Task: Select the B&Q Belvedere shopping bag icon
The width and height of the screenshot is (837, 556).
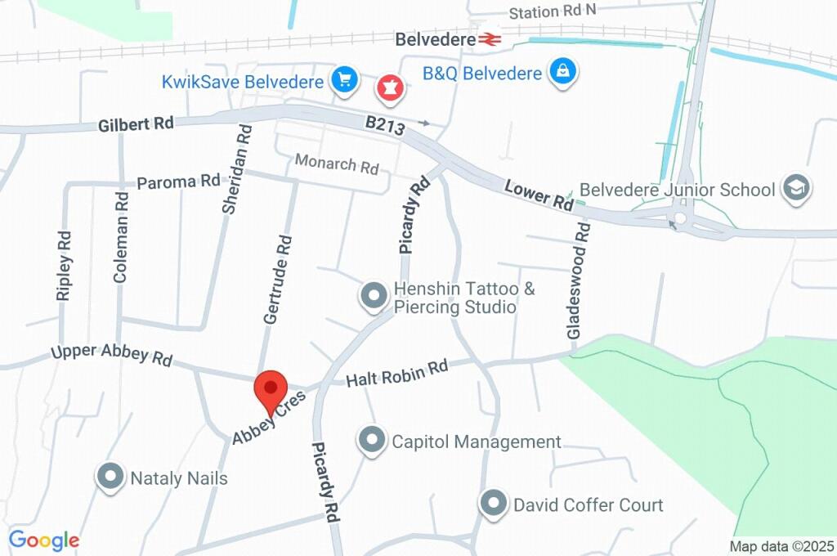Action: (563, 71)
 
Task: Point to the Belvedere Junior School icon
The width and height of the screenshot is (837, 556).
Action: (794, 188)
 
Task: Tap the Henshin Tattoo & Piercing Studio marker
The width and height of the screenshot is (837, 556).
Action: (374, 296)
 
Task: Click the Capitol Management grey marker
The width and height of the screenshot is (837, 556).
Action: (372, 440)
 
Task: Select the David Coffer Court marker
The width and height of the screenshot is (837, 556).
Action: (494, 504)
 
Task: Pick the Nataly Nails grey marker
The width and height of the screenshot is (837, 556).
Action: (110, 477)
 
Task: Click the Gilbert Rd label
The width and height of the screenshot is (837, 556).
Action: (136, 124)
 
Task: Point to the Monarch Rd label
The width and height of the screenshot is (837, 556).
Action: (337, 164)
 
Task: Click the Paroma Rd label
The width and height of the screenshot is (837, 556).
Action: (178, 182)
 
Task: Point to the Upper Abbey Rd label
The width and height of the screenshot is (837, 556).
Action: (112, 355)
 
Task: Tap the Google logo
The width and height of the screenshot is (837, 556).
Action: (44, 540)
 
